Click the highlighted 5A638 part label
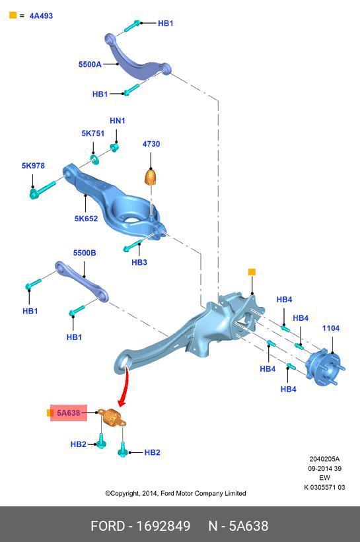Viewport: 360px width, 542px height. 69,413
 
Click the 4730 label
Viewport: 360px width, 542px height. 151,144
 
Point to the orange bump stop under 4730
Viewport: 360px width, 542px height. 151,176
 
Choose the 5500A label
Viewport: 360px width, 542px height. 90,64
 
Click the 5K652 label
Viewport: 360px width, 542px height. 86,219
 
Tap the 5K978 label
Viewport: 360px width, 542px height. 33,166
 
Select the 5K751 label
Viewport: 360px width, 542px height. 92,133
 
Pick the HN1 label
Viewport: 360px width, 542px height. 117,121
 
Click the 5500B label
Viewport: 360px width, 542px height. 85,253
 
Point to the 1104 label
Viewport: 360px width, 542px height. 331,328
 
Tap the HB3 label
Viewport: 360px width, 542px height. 139,262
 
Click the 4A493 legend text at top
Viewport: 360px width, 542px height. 41,16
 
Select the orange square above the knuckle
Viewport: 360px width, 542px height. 252,272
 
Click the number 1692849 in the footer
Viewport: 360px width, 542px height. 163,525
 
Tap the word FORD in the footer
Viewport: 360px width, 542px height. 108,525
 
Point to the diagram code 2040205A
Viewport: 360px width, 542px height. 324,459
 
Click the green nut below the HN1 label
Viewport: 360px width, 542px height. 115,148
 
